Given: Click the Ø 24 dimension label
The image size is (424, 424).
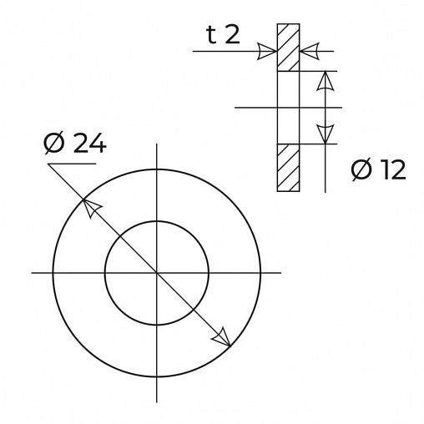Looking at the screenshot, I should pos(75,144).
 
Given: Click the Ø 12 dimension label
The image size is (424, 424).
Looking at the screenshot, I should pos(378,170).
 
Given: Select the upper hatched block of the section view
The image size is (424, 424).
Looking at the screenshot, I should pos(288,48).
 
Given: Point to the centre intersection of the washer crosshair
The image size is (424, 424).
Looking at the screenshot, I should pos(156,272).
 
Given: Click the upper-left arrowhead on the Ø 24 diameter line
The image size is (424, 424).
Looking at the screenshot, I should pos(92,207).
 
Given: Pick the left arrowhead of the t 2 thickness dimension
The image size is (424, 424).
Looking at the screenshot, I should pos(267,52).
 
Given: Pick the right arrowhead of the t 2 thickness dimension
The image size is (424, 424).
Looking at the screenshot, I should pos(310,52).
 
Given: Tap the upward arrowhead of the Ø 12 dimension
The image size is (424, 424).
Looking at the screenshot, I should pos(326,81).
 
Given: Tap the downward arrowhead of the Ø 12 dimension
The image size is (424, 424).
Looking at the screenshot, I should pos(326,134).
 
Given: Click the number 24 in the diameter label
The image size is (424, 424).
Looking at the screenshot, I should pos(89,144).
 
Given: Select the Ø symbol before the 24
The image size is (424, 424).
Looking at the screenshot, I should pos(54,144).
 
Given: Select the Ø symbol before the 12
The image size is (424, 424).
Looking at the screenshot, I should pos(361,170).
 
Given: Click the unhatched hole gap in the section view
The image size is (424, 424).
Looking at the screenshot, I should pos(288,108).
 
